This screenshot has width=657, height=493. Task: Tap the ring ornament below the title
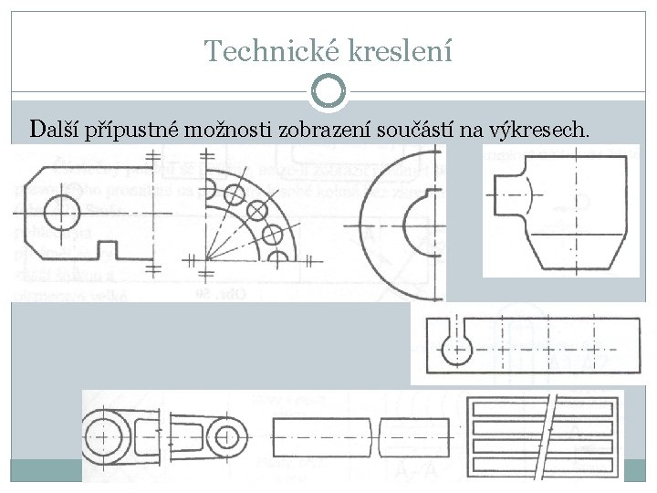328,90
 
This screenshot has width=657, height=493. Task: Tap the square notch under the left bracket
111,247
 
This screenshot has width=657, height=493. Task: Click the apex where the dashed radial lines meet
207,260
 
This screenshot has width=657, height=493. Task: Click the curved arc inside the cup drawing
527,197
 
